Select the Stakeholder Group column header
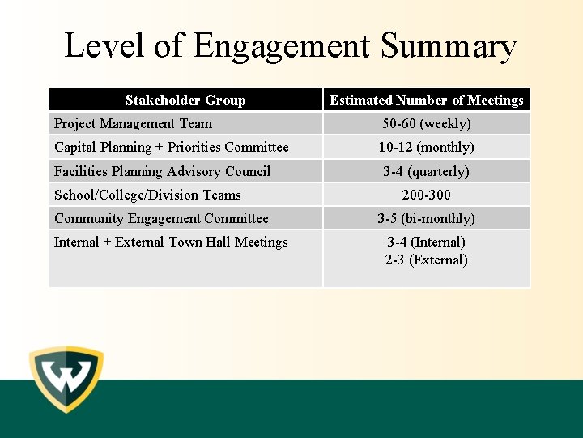click(185, 100)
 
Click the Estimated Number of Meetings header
click(426, 100)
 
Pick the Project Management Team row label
click(133, 123)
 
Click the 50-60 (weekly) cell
click(426, 123)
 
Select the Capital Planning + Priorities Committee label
click(171, 147)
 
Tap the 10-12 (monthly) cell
click(426, 147)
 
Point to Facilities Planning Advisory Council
click(162, 171)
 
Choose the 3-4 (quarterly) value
click(426, 171)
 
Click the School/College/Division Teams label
click(147, 195)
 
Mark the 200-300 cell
click(426, 195)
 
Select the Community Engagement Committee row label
click(161, 218)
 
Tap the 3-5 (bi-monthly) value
click(426, 218)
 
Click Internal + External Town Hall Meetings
click(171, 242)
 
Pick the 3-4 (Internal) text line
click(426, 242)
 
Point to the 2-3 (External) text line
click(426, 260)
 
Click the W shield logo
click(66, 380)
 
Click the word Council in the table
click(249, 171)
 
